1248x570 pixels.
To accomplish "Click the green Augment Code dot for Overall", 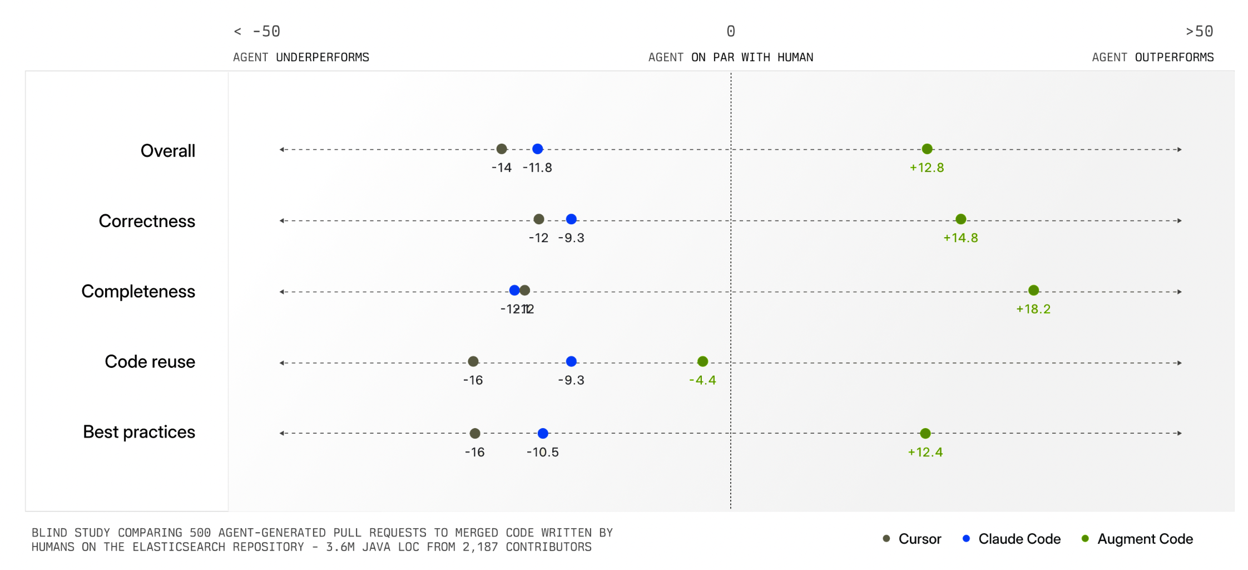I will [927, 149].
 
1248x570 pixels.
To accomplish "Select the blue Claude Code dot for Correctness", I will [571, 219].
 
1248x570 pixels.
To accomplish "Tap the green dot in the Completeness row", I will [1033, 291].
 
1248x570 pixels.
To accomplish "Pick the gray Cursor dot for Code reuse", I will [473, 362].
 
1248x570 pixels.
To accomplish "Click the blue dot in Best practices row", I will [543, 434].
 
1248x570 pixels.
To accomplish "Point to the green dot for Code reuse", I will [702, 362].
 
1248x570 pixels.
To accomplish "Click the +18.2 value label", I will [1033, 309].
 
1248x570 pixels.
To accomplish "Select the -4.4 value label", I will [702, 381].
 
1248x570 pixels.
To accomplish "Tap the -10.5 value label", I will [543, 453].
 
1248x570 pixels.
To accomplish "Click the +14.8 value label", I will [960, 238].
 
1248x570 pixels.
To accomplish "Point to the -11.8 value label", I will [537, 168].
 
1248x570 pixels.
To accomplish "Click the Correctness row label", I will [147, 222].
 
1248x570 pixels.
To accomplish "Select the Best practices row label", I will [139, 433].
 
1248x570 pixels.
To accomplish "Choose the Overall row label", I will [167, 151].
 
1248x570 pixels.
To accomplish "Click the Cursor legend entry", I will [919, 539].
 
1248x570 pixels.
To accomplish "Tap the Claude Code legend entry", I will [1019, 539].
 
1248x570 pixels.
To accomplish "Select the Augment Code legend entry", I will [1145, 539].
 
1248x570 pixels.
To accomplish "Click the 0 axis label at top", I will [731, 32].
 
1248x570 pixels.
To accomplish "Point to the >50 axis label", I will [1199, 32].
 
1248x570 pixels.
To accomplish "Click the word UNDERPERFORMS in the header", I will [323, 58].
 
